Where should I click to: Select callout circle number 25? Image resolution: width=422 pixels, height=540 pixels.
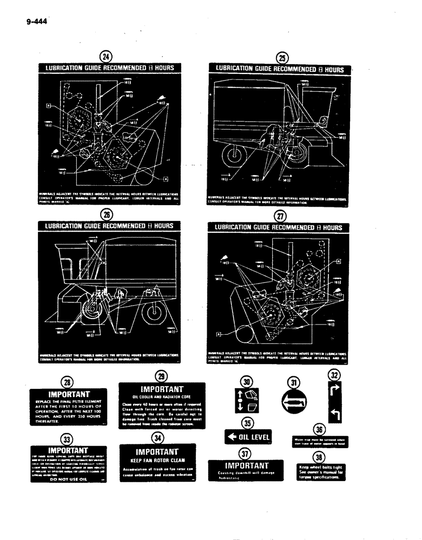click(x=282, y=59)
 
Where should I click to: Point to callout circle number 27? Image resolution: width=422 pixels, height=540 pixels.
click(x=280, y=216)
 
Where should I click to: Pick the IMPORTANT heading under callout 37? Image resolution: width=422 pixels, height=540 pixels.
click(x=246, y=465)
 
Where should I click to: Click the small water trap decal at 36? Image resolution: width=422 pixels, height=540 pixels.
click(x=320, y=441)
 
